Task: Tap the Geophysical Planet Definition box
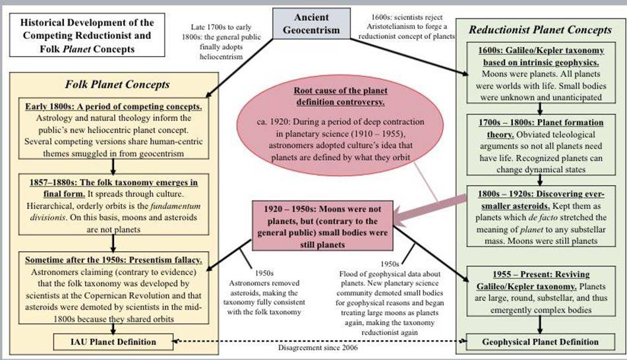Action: [x=539, y=342]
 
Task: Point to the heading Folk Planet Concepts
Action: [x=117, y=84]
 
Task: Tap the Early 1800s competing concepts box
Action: [x=117, y=130]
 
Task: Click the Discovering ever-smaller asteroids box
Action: [x=539, y=218]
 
